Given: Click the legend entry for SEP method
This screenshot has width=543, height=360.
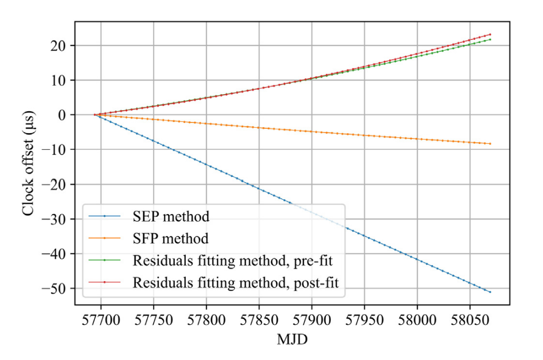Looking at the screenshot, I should (171, 216).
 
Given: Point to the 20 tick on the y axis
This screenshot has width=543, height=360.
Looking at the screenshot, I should (60, 46).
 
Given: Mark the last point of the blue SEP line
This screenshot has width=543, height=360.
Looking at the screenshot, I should (490, 292).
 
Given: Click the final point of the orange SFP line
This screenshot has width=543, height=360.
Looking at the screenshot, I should (490, 144).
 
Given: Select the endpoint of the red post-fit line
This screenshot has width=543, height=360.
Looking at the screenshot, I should (490, 35).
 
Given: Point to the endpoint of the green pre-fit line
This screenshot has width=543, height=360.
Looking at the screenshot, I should (490, 39).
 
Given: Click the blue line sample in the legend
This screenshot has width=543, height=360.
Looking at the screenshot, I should (104, 216).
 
